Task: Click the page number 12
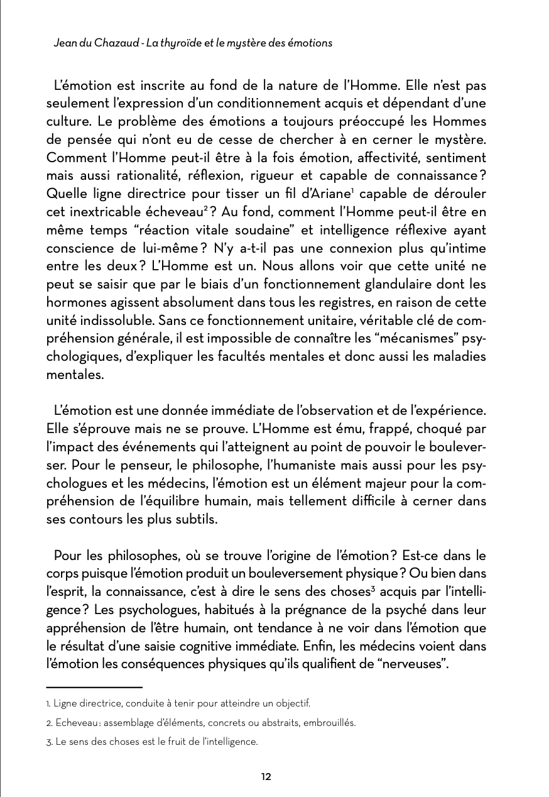point(266,776)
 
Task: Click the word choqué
point(420,429)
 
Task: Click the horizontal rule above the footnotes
point(94,688)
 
